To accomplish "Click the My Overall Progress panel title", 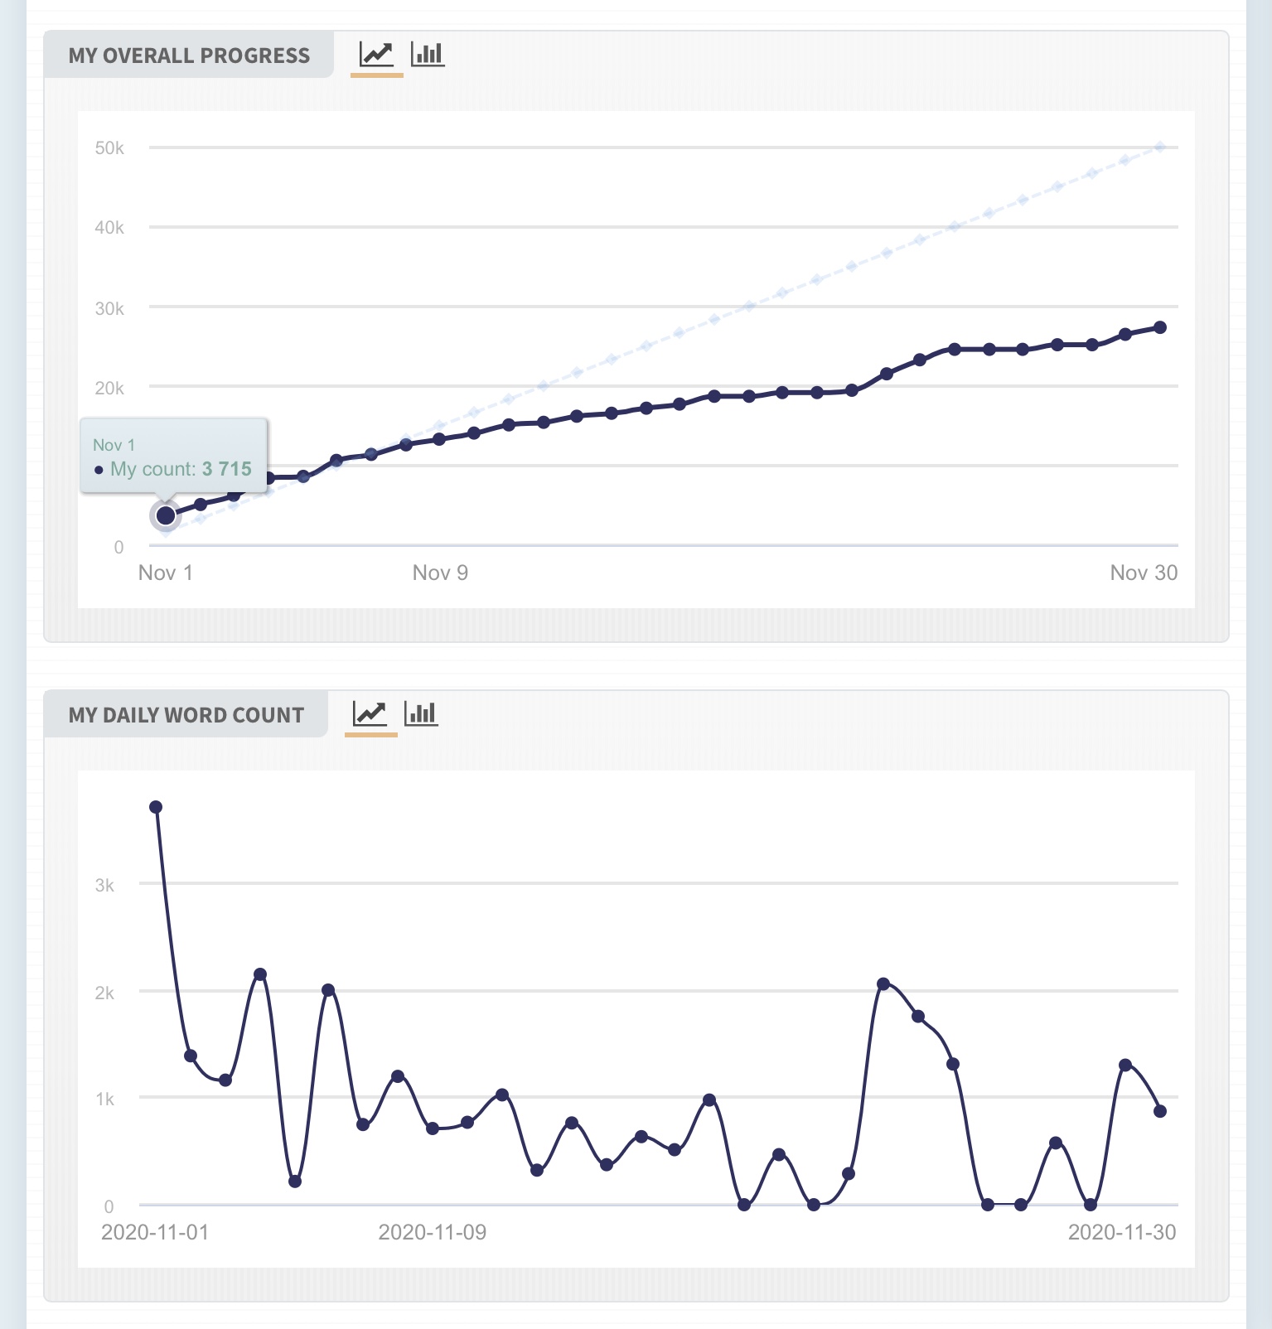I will coord(189,56).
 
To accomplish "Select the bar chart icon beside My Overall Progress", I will coord(428,55).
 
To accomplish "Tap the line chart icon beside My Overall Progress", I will coord(376,55).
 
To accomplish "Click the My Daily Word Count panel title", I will coord(186,715).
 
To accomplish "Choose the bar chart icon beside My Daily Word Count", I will coord(421,713).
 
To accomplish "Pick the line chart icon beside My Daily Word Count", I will coord(370,713).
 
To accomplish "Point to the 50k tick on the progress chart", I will coord(109,148).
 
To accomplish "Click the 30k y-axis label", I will coord(109,308).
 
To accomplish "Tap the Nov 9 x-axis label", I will coord(440,573).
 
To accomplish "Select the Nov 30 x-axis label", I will coord(1144,573).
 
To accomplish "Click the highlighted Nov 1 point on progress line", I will coord(166,515).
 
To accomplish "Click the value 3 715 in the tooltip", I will coord(227,469).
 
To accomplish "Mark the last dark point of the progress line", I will coord(1160,327).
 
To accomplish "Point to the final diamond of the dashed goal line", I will coord(1160,147).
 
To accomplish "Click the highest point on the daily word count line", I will coord(156,807).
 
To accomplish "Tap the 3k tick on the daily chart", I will coord(104,885).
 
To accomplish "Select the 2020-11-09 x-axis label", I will coord(432,1232).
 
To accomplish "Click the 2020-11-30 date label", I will coord(1122,1232).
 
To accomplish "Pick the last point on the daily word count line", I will coord(1160,1111).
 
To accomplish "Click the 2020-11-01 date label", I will coord(155,1232).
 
